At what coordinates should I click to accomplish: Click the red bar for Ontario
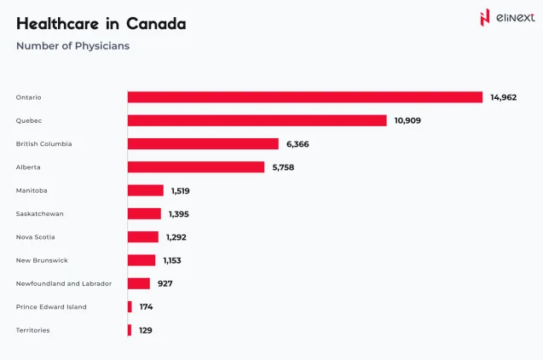point(305,97)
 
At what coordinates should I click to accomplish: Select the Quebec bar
point(257,120)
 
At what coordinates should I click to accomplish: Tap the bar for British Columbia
point(203,143)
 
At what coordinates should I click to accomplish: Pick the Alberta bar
point(196,167)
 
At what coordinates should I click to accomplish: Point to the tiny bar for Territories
point(130,329)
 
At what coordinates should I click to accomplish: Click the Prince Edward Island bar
point(130,306)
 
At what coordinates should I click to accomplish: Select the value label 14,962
point(503,97)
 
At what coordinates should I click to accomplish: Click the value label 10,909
point(407,120)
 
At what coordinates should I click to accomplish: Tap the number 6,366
point(297,144)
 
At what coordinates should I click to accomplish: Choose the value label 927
point(165,283)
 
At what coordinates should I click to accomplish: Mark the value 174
point(146,306)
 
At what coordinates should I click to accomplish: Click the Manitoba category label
point(31,190)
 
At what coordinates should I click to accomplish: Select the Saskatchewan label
point(40,213)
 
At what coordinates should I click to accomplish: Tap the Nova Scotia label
point(35,236)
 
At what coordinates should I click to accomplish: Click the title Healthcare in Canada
point(101,24)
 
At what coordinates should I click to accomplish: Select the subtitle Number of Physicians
point(72,46)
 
